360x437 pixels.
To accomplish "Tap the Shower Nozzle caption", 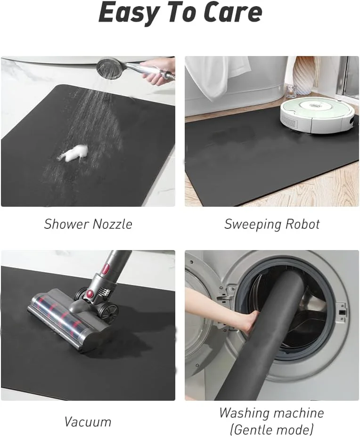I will tap(88, 224).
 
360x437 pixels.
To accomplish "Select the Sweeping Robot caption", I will tap(272, 224).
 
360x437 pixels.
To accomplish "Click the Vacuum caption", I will tap(88, 421).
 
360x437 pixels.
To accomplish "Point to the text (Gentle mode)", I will tap(271, 429).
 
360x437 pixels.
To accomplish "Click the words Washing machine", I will tap(271, 413).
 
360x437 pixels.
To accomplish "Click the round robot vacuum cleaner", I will tap(317, 113).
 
